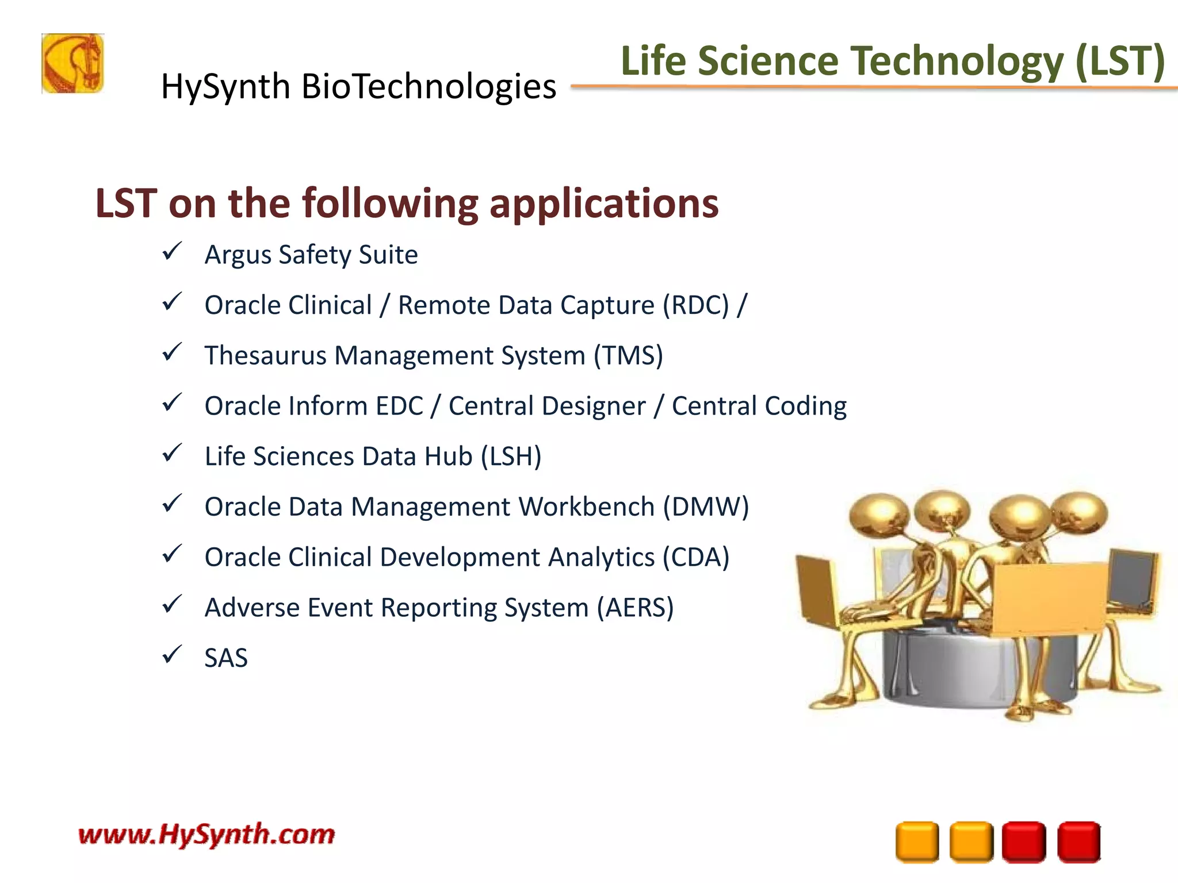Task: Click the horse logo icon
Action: [x=72, y=63]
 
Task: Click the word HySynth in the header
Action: [x=225, y=87]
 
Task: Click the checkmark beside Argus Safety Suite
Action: [x=172, y=252]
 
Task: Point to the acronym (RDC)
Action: [x=695, y=305]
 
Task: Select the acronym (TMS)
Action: [x=628, y=355]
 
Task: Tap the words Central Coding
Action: [x=759, y=406]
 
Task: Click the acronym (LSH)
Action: [x=511, y=456]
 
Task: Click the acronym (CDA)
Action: [x=695, y=557]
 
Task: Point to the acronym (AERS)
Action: [x=634, y=608]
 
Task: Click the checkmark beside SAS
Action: [x=172, y=655]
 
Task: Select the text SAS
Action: [x=226, y=658]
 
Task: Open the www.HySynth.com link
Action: [x=206, y=834]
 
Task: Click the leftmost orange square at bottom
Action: [x=917, y=842]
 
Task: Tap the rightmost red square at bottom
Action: [x=1078, y=842]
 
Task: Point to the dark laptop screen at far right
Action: [x=1132, y=578]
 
